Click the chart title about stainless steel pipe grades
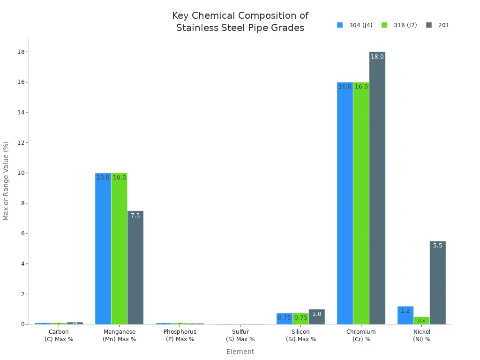[240, 22]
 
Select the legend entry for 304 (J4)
[355, 25]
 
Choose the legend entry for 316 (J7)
[399, 25]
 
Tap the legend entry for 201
[438, 25]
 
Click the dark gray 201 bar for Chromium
[377, 187]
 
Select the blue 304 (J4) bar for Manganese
[103, 248]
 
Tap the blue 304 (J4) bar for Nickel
[405, 315]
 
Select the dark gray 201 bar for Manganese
[135, 267]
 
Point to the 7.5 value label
[135, 216]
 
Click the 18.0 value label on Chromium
[377, 57]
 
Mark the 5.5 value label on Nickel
[437, 246]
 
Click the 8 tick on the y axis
[21, 203]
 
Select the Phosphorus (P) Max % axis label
[180, 335]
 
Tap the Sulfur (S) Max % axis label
[240, 335]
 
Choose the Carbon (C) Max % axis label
[59, 335]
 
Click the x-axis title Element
[240, 352]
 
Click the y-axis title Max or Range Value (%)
[6, 180]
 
